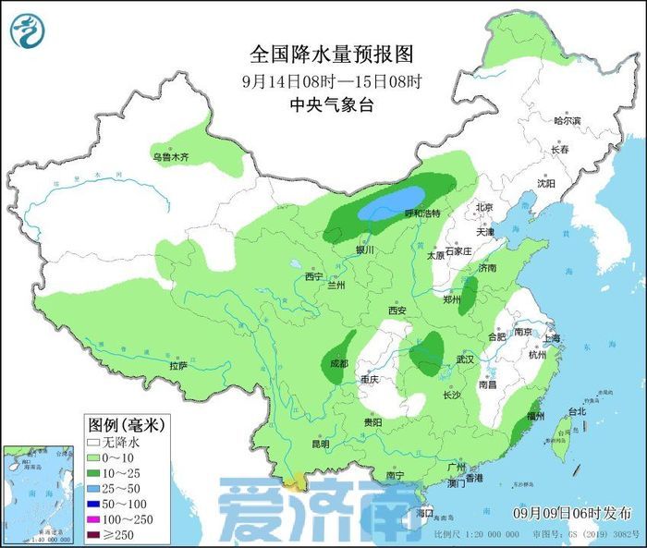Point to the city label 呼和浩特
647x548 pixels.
click(x=422, y=213)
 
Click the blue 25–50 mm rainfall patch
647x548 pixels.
click(x=391, y=202)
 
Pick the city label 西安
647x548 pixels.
click(x=397, y=311)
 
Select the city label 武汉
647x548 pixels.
click(x=464, y=359)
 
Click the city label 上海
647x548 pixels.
click(x=554, y=338)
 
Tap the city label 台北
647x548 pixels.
click(x=576, y=411)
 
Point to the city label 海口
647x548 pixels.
click(x=424, y=512)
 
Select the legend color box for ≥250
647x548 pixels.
click(x=94, y=534)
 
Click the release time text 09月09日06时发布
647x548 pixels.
click(x=572, y=512)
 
